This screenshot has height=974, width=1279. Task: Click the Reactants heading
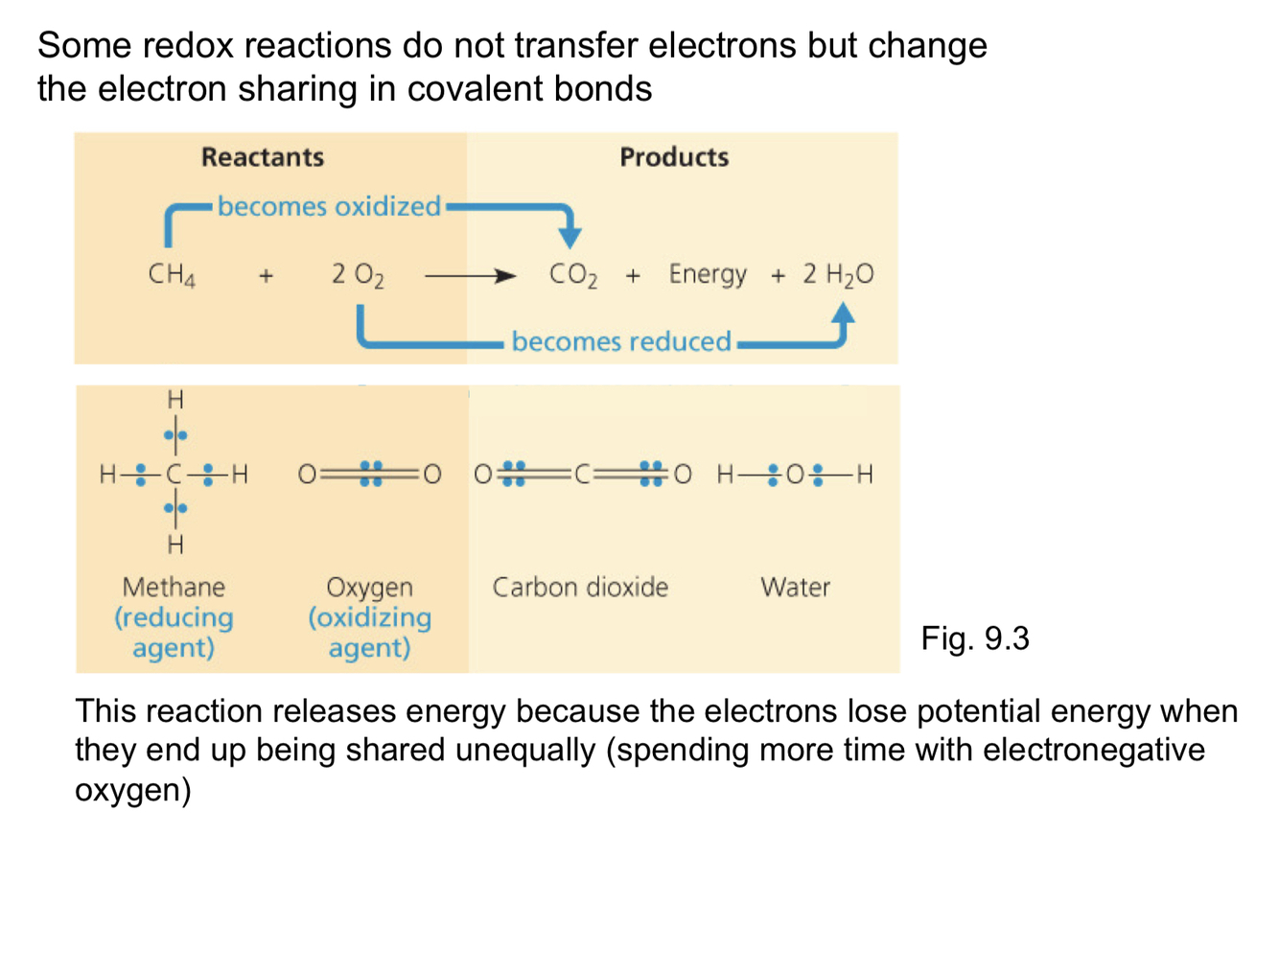coord(262,156)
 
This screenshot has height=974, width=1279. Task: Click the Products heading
coord(673,156)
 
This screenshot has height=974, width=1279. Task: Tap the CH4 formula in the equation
coord(172,275)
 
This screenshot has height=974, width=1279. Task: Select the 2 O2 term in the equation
coord(357,275)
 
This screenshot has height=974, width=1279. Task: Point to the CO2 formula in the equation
coord(572,275)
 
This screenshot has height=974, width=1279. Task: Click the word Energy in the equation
coord(707,274)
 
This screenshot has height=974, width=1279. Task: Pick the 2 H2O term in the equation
coord(837,275)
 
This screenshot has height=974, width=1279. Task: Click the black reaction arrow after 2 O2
coord(470,276)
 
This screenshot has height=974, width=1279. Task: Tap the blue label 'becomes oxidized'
coord(329,206)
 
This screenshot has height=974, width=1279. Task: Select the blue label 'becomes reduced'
coord(620,341)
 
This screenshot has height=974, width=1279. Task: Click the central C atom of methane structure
coord(174,474)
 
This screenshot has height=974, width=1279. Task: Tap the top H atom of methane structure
coord(175,399)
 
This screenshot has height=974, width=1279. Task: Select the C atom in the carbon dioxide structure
coord(582,474)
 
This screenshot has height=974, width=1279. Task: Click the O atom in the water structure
coord(795,474)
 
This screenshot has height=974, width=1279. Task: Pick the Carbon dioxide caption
coord(579,587)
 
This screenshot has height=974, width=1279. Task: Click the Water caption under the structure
coord(794,587)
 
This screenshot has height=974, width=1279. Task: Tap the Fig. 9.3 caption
coord(974,638)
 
